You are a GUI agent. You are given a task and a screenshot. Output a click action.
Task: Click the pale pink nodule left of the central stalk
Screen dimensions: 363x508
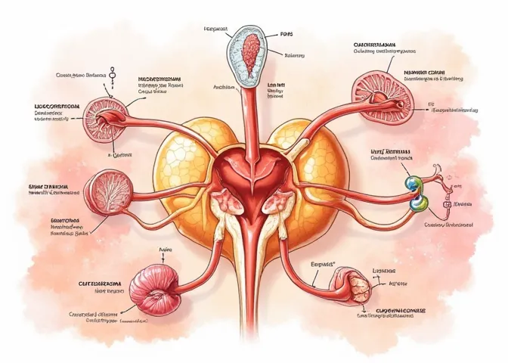(x=225, y=200)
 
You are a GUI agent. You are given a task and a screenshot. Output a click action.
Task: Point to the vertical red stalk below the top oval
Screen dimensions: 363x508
(x=249, y=113)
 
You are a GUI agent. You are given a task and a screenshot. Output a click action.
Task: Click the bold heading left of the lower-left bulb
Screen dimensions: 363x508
(x=94, y=284)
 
